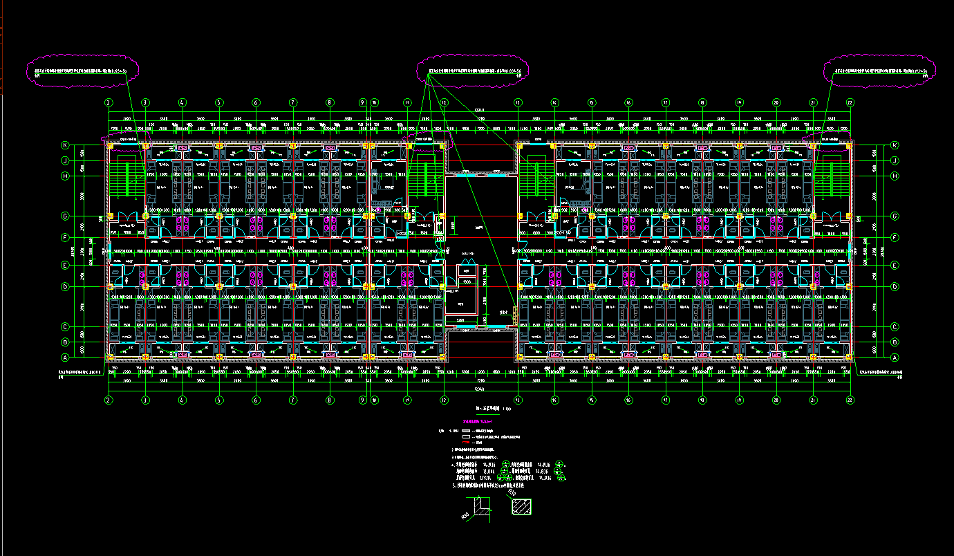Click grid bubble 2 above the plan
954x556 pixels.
(x=109, y=102)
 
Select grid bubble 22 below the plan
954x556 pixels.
(x=850, y=400)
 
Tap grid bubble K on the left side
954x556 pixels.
(x=66, y=146)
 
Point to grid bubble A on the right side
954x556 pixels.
(x=895, y=358)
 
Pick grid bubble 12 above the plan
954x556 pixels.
(x=444, y=102)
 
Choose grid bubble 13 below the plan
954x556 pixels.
(x=517, y=400)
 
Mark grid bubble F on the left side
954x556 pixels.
(x=66, y=238)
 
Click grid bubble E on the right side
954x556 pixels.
(x=895, y=265)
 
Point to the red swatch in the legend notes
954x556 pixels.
(x=465, y=443)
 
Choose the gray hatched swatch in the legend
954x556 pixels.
(x=465, y=431)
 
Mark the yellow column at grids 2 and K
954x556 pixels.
(x=109, y=146)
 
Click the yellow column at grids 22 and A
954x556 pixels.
(x=850, y=358)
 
